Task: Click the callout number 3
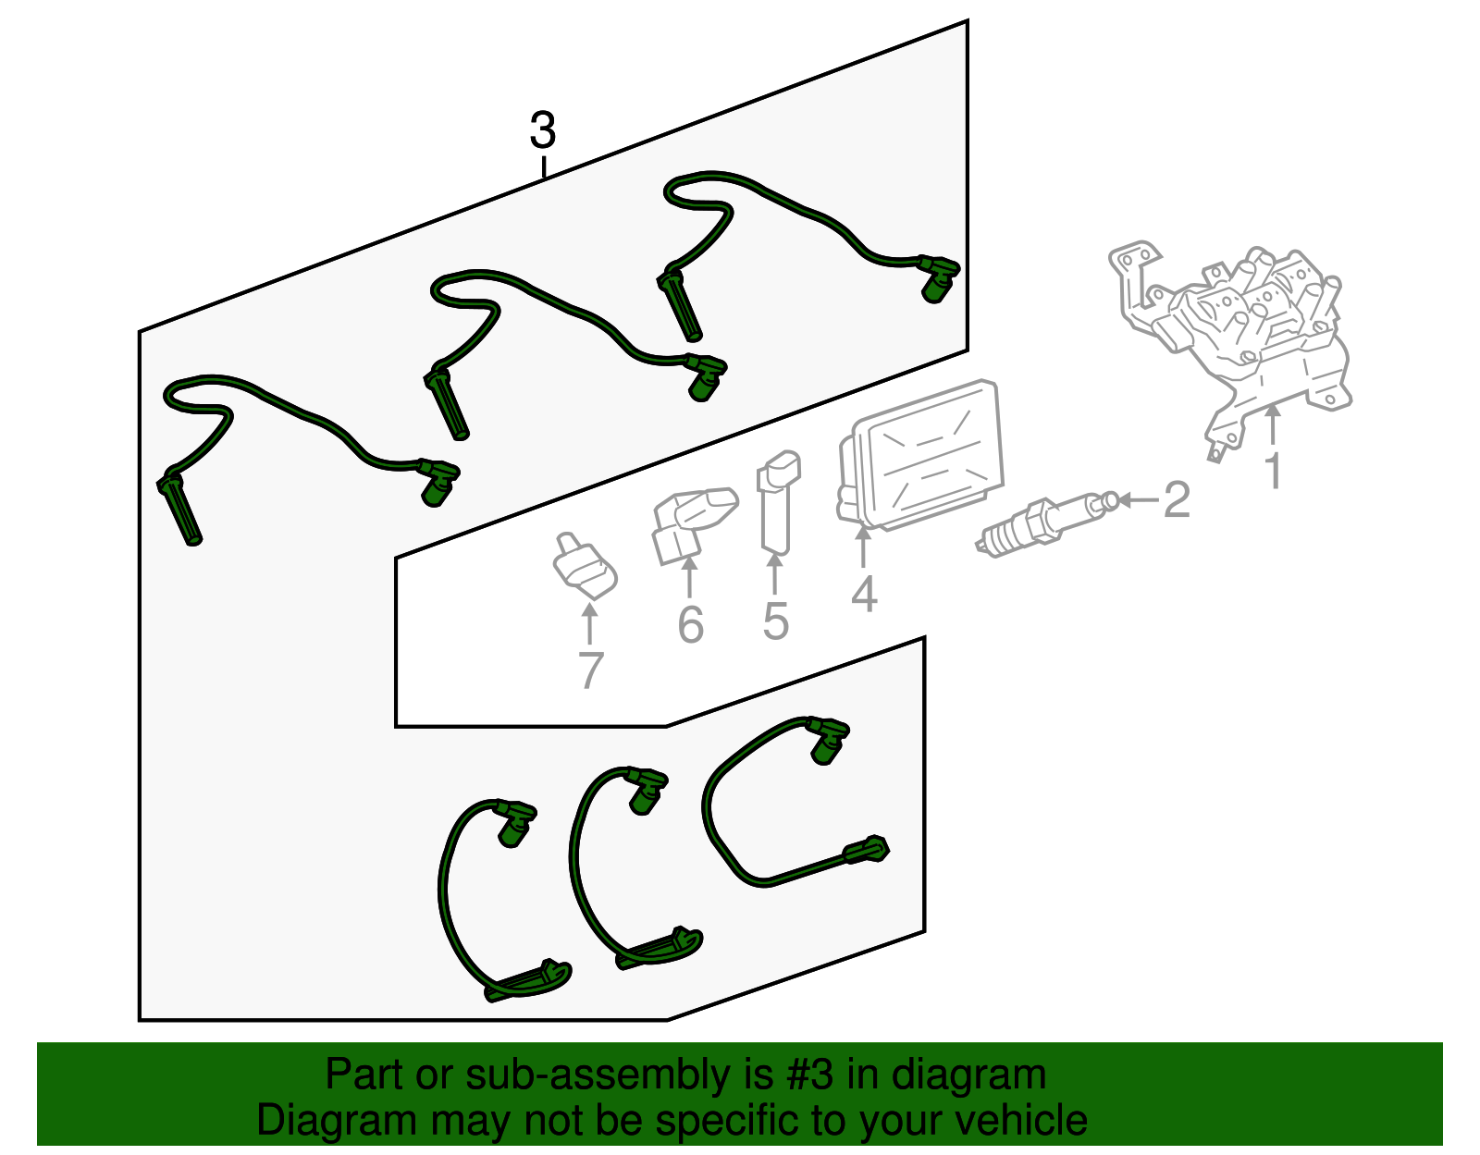(x=543, y=130)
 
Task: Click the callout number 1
(x=1273, y=471)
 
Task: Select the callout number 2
(x=1177, y=499)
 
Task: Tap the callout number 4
(x=864, y=594)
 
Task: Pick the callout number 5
(x=776, y=621)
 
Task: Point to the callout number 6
(x=690, y=624)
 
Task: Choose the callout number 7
(x=590, y=670)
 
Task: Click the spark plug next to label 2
(x=1046, y=523)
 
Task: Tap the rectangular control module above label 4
(x=920, y=455)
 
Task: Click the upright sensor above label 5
(x=778, y=501)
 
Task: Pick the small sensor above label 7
(x=584, y=566)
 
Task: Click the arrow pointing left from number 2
(x=1138, y=500)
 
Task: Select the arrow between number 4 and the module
(x=863, y=547)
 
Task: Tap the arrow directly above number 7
(x=589, y=623)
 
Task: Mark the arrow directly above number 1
(x=1272, y=424)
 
